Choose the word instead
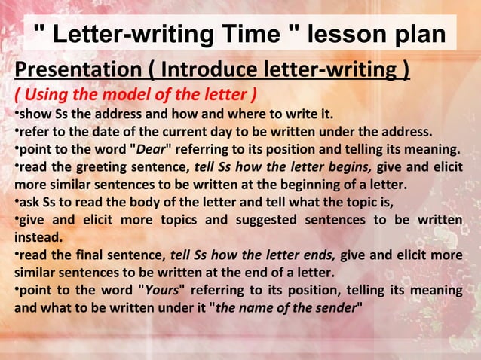click(x=30, y=236)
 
